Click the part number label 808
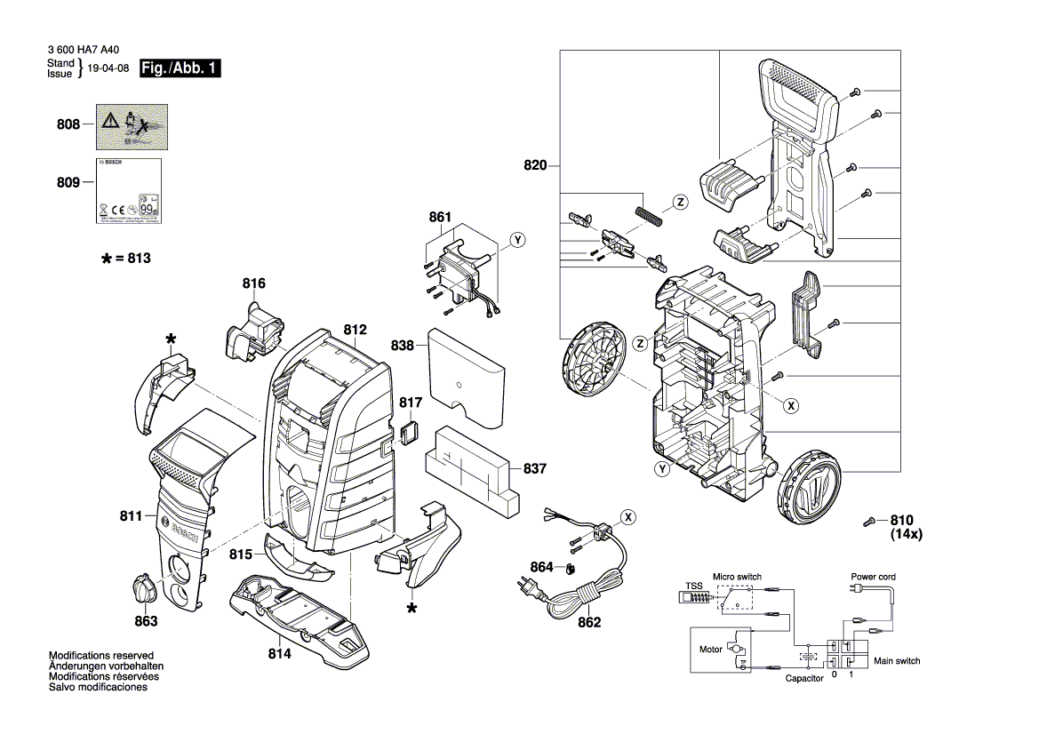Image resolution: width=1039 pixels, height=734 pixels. (68, 125)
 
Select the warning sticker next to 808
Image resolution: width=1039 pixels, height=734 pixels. (132, 126)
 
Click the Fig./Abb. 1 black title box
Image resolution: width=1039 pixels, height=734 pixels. (180, 68)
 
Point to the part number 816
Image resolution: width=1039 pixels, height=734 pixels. (254, 284)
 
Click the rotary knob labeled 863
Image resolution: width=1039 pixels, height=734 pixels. (145, 588)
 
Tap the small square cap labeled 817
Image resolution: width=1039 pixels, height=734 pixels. (411, 432)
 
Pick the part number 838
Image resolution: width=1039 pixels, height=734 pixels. (403, 345)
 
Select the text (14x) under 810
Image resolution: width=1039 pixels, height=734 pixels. (907, 536)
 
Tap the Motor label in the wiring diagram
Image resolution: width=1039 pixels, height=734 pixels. (711, 650)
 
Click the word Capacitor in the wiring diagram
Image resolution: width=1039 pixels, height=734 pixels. (803, 678)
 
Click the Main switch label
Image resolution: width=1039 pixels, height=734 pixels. (897, 661)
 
